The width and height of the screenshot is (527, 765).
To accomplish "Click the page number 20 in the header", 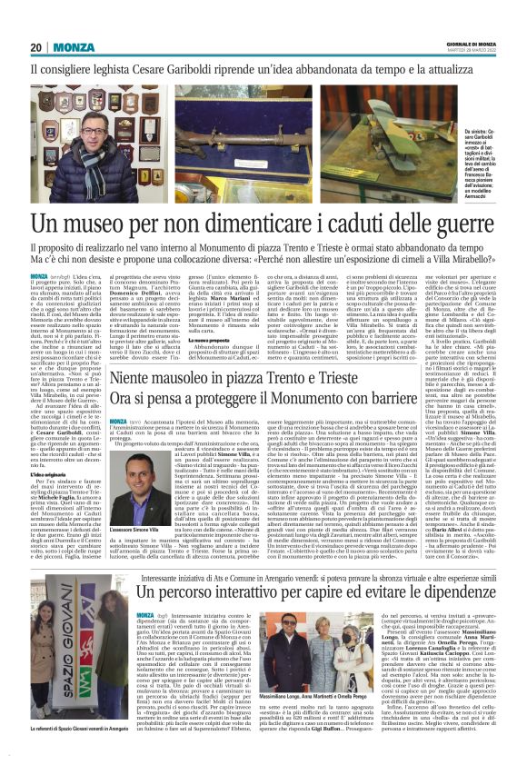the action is point(36,47).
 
